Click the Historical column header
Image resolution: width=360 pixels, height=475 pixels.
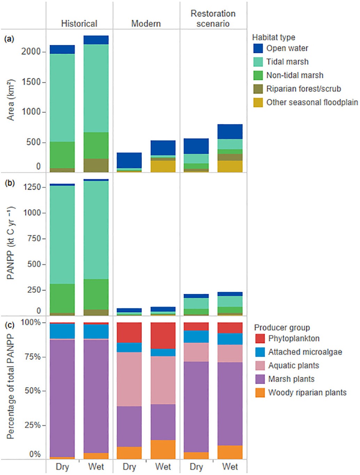pyautogui.click(x=79, y=23)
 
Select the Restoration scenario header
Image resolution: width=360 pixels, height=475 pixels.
pyautogui.click(x=213, y=18)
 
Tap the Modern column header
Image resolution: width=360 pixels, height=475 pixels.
pyautogui.click(x=146, y=23)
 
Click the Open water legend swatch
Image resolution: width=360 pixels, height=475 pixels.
pyautogui.click(x=258, y=48)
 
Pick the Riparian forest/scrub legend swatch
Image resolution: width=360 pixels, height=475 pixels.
pyautogui.click(x=258, y=89)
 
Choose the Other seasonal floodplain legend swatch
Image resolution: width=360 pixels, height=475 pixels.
pyautogui.click(x=258, y=102)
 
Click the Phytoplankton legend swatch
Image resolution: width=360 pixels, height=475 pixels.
pyautogui.click(x=260, y=338)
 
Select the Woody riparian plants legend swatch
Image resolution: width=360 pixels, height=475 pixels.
pyautogui.click(x=260, y=392)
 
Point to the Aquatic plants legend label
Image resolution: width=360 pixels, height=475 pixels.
pyautogui.click(x=294, y=366)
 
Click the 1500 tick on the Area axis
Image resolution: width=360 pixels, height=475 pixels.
pyautogui.click(x=31, y=82)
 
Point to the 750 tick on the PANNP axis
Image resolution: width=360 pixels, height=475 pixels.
pyautogui.click(x=34, y=239)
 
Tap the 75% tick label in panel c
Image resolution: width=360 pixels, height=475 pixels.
pyautogui.click(x=33, y=357)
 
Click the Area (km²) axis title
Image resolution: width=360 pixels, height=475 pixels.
pyautogui.click(x=11, y=100)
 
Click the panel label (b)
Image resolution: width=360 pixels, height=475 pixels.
pyautogui.click(x=9, y=183)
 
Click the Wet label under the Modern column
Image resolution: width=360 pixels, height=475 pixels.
pyautogui.click(x=163, y=467)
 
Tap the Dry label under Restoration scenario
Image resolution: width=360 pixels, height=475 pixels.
pyautogui.click(x=196, y=467)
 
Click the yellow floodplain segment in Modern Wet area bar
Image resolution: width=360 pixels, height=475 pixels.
pyautogui.click(x=163, y=166)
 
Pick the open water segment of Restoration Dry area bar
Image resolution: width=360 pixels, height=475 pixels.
pyautogui.click(x=196, y=146)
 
